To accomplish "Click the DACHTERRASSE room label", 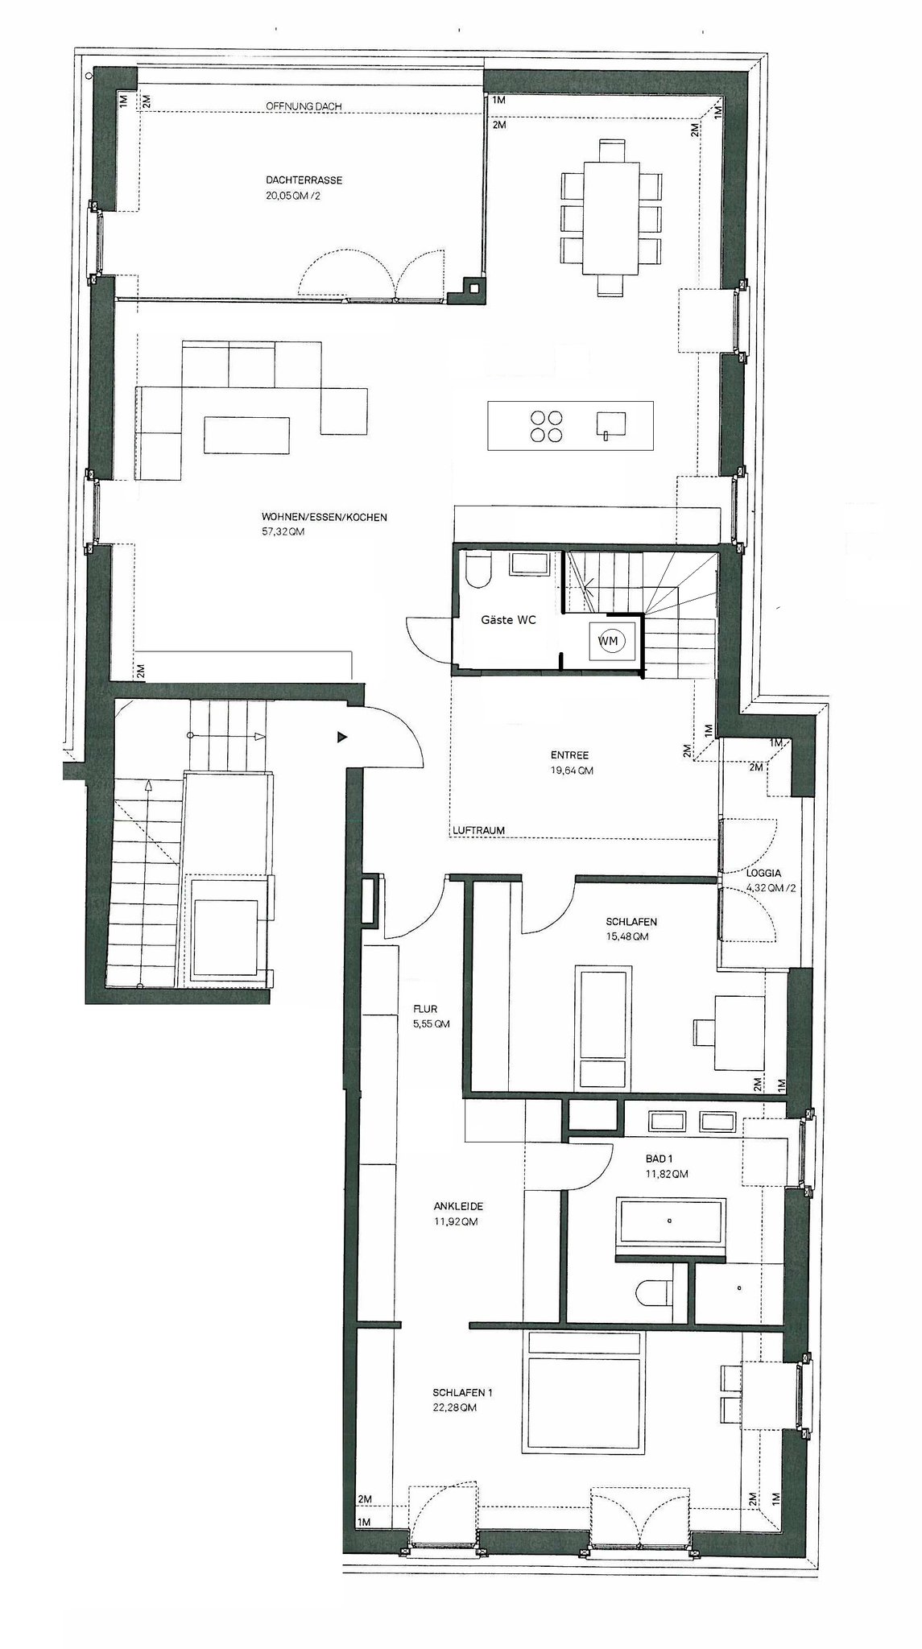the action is point(298,180).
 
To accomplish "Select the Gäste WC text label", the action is point(508,620).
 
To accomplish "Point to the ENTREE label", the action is point(570,755).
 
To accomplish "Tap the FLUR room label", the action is point(425,1009).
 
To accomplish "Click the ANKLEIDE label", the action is point(457,1206).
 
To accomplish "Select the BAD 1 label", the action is point(659,1159).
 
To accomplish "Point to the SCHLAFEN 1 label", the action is point(462,1392).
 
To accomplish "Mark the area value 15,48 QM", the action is point(626,936).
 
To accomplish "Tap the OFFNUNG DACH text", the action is point(304,106).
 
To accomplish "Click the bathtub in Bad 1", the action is point(671,1221).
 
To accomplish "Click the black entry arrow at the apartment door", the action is point(342,736).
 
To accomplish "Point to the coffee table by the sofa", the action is point(246,435).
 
